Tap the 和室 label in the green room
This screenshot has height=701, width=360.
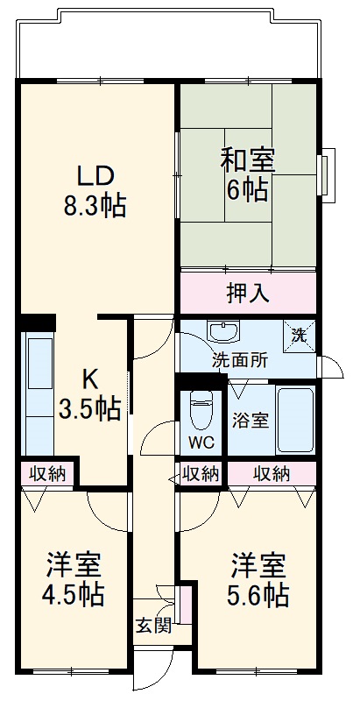coord(248,161)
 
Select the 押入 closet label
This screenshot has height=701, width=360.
coord(247,293)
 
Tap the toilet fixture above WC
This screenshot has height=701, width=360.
coord(201,407)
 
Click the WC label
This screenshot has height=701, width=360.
coord(201,441)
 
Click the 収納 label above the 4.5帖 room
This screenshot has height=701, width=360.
coord(47,474)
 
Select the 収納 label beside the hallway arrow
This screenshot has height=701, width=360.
coord(200,474)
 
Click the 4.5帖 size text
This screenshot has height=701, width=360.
coord(74,595)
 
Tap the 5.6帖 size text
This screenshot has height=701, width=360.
coord(259,595)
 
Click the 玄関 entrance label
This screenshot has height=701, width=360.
coord(152,625)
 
